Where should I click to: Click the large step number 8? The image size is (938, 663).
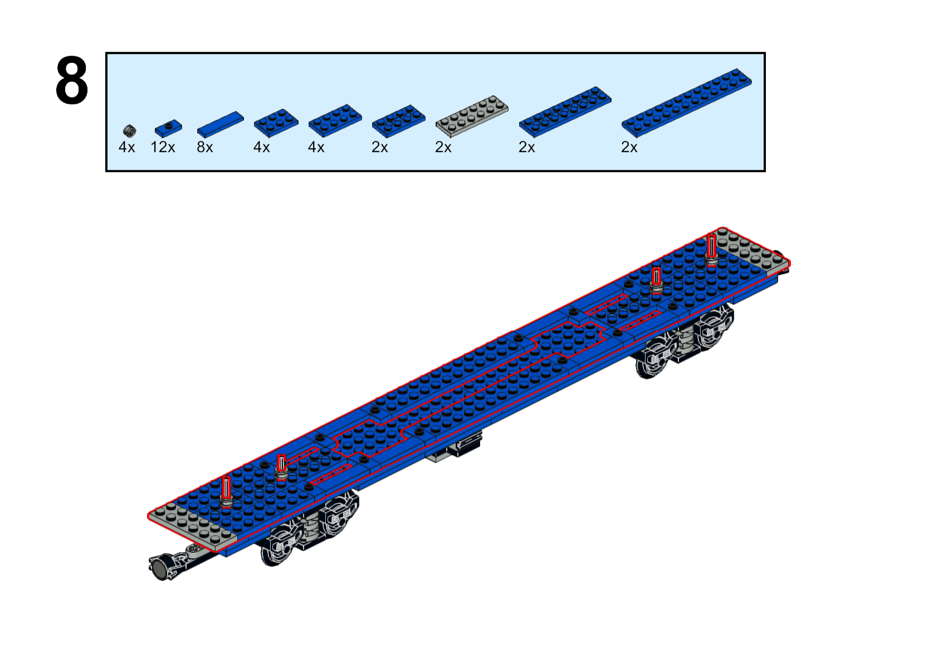72,80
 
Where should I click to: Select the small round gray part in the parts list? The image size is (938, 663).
129,131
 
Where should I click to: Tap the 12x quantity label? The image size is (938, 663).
163,147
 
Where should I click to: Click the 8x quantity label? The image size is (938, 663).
205,147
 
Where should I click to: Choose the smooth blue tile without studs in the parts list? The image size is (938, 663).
220,124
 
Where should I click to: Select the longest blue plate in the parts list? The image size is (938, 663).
687,103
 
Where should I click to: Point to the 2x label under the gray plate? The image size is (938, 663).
443,147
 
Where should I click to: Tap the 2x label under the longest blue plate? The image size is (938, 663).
629,147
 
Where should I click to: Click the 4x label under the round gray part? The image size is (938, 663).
126,147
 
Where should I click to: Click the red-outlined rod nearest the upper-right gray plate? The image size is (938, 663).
711,249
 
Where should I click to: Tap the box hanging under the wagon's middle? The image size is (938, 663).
456,446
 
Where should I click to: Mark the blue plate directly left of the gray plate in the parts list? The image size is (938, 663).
399,121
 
